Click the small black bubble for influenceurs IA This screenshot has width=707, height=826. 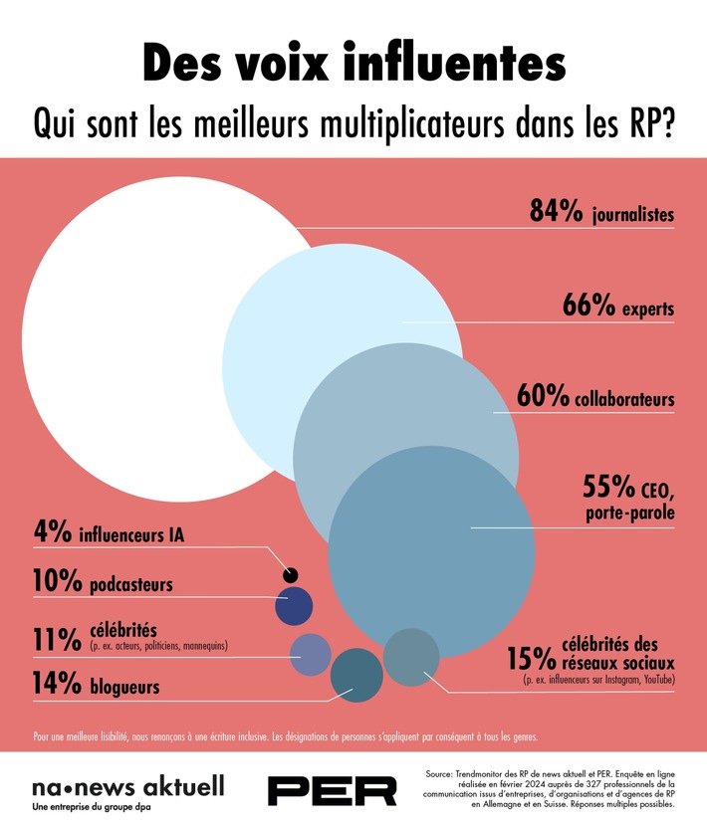coord(291,574)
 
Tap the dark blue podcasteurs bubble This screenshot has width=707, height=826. coord(294,606)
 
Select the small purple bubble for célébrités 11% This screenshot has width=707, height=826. coord(310,653)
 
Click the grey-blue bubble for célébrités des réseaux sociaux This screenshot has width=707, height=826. coord(411,657)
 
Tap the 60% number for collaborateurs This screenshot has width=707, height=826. coord(544,397)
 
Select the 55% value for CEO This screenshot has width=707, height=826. coord(609,489)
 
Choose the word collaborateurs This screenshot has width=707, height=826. coord(625,399)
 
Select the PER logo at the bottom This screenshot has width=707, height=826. coord(333,790)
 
